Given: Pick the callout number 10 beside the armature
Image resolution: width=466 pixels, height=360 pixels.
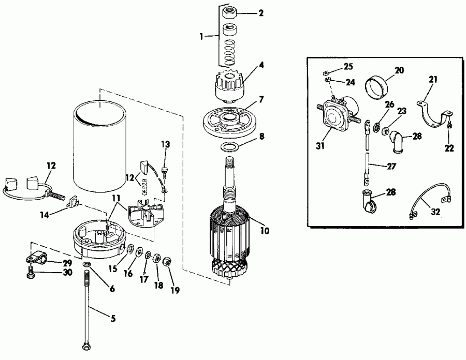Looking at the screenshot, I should click(x=265, y=231).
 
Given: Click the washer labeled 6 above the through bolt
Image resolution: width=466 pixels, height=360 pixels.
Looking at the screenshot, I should click(x=86, y=266).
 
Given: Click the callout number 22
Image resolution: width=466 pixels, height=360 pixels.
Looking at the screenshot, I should click(x=449, y=148).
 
